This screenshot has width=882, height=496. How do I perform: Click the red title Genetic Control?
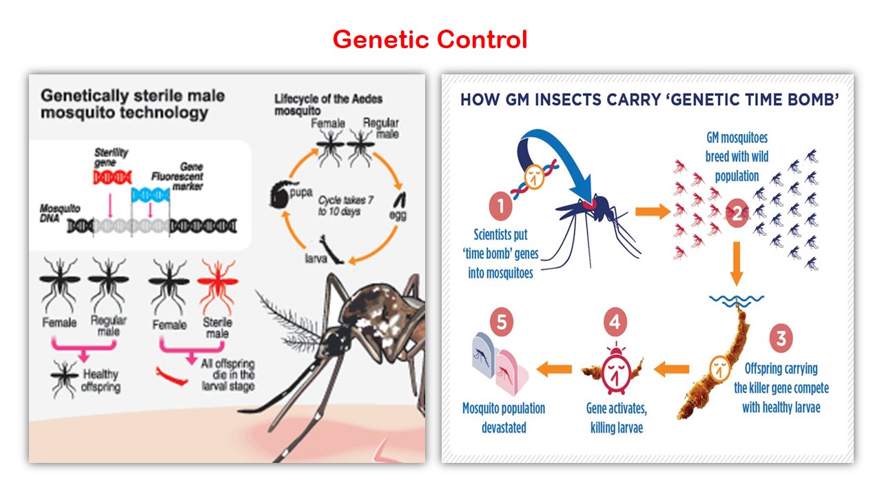coord(429,40)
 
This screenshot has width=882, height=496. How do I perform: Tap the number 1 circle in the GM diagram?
coord(501,206)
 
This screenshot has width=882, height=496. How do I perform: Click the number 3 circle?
coord(780,338)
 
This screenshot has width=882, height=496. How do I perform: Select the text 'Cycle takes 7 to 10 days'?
coord(340,205)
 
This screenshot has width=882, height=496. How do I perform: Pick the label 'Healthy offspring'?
coord(101,380)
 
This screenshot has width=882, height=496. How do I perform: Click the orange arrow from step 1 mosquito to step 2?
coord(652,211)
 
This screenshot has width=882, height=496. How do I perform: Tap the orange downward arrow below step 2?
coord(736,262)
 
